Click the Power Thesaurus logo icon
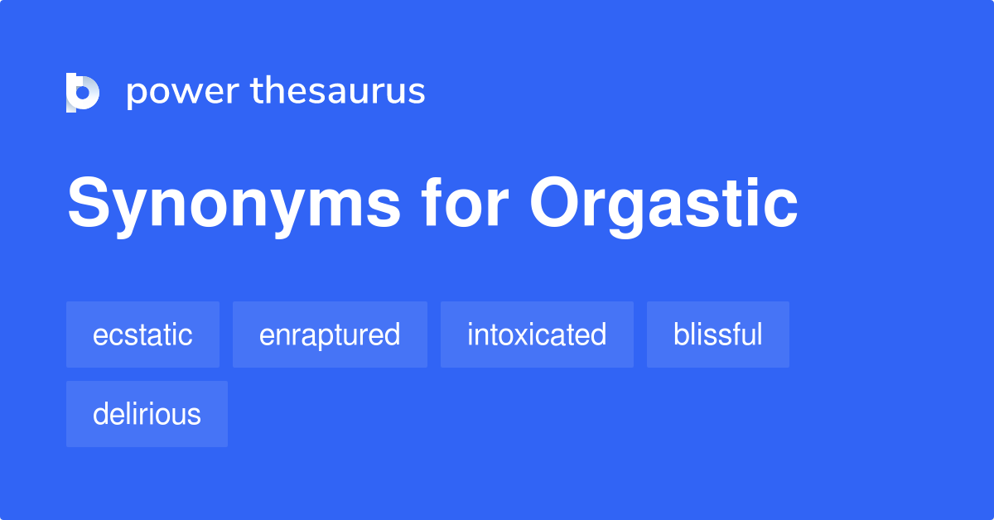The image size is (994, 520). [x=83, y=92]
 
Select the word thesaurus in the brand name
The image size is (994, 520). [x=338, y=91]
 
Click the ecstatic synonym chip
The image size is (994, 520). [x=142, y=335]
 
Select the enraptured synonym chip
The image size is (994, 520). [x=330, y=335]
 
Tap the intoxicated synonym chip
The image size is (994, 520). [x=537, y=335]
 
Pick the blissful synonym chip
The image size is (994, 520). [x=717, y=335]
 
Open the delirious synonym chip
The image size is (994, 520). [x=147, y=414]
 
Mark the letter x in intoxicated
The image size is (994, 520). [x=521, y=335]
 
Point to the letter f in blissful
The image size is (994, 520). [x=738, y=334]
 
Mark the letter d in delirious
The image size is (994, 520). [x=100, y=414]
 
